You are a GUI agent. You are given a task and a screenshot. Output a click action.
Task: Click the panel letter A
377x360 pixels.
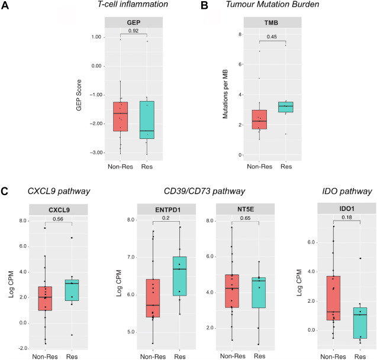tap(7, 7)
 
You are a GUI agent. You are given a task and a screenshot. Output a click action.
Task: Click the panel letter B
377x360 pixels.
tap(204, 7)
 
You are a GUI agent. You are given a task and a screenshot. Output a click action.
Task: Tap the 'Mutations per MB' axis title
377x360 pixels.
tap(225, 95)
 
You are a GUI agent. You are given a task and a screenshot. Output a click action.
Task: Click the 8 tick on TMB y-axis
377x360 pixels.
tap(241, 34)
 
